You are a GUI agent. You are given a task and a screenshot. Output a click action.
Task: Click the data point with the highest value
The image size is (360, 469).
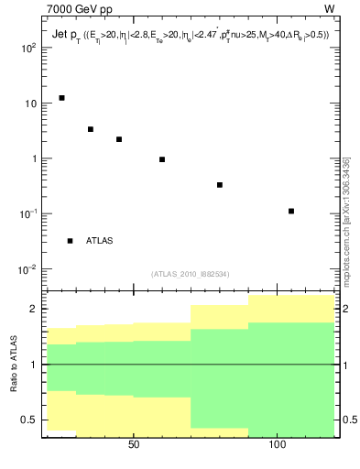(x=61, y=98)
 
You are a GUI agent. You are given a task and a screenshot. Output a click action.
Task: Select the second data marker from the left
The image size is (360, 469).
(x=91, y=129)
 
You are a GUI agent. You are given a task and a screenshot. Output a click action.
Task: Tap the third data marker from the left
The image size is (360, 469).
(x=119, y=139)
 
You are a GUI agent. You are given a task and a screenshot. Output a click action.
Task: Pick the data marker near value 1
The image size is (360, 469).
(x=162, y=159)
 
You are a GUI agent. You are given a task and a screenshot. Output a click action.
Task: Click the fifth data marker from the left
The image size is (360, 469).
(x=220, y=185)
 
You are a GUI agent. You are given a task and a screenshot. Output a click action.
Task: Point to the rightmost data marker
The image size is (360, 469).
(x=291, y=212)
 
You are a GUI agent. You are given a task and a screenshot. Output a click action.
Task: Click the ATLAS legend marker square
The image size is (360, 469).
(x=70, y=241)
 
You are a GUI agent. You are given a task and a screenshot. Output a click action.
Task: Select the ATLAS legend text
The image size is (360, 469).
(x=99, y=241)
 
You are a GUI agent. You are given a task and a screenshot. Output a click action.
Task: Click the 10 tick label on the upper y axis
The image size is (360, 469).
(x=29, y=104)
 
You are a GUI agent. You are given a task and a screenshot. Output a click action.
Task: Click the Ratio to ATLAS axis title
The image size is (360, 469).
(x=13, y=365)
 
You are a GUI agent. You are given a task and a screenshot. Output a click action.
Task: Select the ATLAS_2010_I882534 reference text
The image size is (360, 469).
(x=191, y=274)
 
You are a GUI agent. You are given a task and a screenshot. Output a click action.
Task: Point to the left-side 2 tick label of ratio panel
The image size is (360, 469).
(x=32, y=310)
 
